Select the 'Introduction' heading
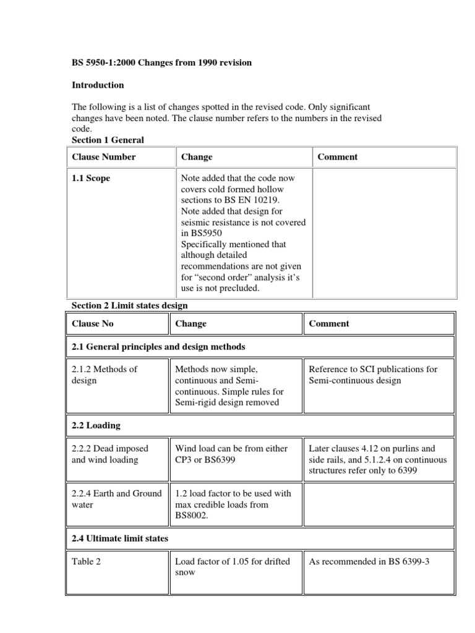coord(98,85)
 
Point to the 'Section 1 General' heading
coord(108,141)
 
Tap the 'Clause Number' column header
coord(104,157)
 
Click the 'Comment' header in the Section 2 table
coord(328,324)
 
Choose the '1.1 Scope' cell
coord(91,178)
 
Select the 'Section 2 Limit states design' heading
coord(129,305)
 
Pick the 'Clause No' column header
coord(93,324)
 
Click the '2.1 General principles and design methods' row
coord(158,347)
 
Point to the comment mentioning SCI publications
coord(372,375)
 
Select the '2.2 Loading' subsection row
coord(96,426)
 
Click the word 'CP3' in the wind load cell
coord(185,460)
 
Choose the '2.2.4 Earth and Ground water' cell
coord(116,498)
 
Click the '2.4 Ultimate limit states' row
coord(120,539)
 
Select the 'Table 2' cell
coord(86,561)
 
